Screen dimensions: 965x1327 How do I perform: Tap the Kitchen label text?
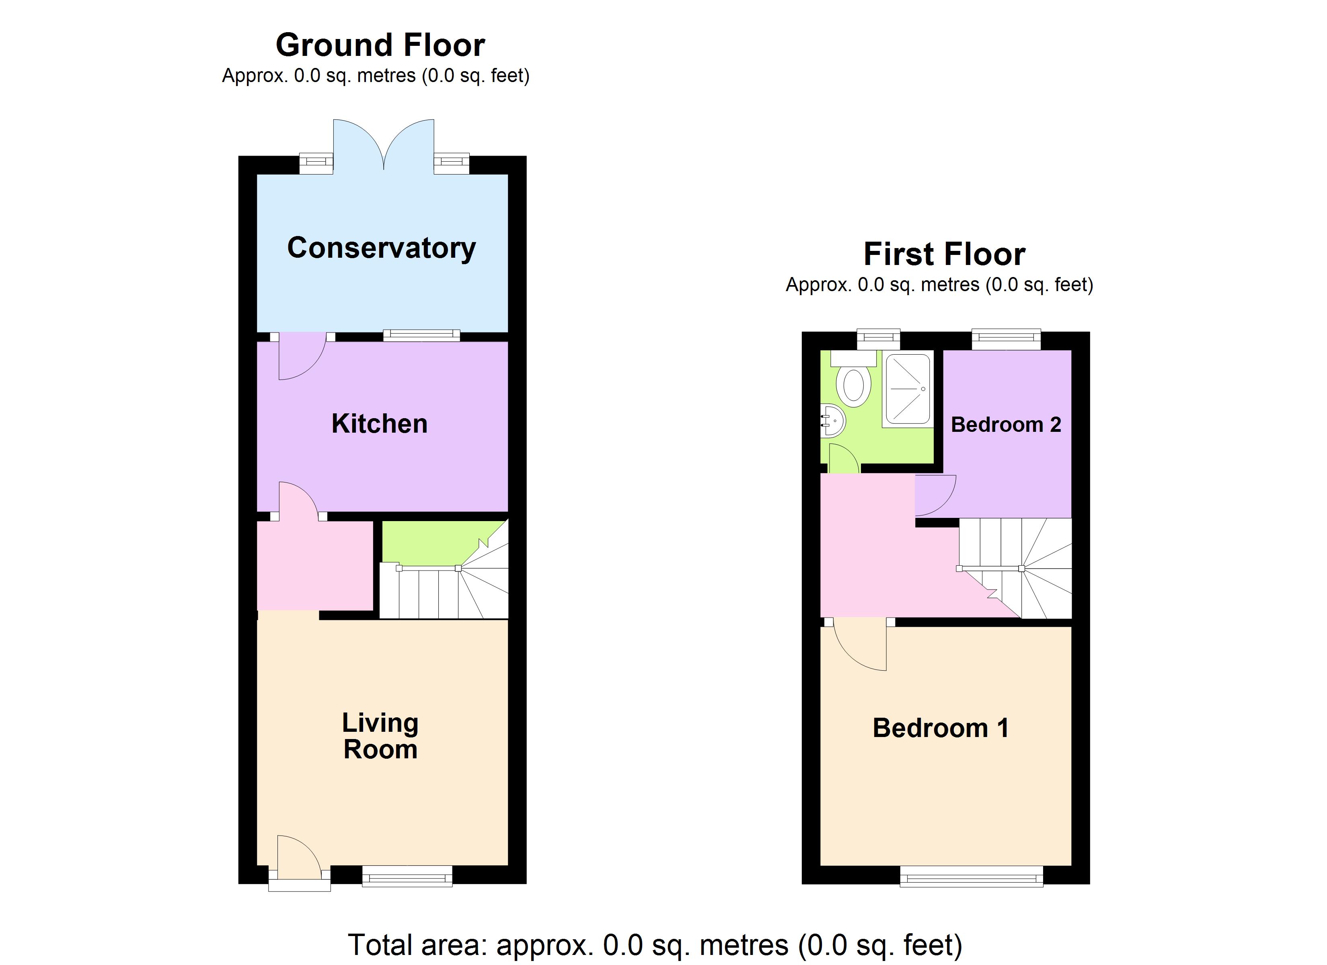coord(379,424)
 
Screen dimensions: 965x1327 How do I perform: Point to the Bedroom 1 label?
coord(940,728)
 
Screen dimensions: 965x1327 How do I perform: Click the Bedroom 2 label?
coord(1006,424)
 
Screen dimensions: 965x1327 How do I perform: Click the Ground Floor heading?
coord(380,45)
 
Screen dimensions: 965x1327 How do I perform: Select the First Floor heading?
coord(944,254)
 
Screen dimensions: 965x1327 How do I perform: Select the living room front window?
coord(407,877)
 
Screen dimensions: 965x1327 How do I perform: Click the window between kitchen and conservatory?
coord(421,335)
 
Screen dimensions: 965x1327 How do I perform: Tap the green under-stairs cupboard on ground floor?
coord(433,541)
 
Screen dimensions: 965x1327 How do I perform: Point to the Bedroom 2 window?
coord(1007,339)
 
